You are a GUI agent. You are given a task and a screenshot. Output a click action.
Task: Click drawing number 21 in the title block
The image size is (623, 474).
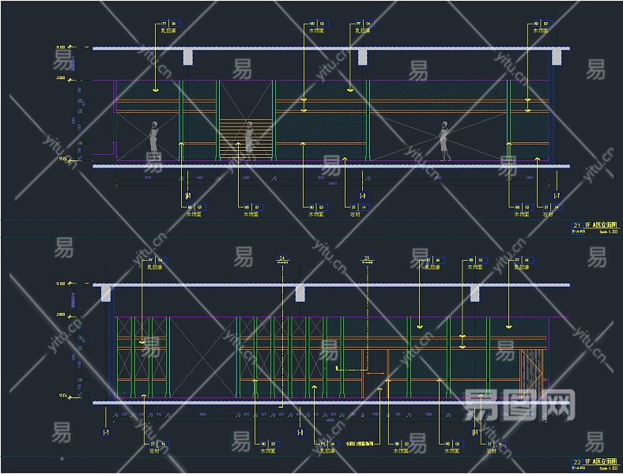576,225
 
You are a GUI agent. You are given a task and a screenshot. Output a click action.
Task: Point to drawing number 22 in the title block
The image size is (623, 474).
576,459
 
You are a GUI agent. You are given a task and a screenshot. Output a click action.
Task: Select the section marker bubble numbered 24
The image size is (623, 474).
282,258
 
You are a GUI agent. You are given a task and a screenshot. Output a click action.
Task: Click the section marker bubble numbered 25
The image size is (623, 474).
367,259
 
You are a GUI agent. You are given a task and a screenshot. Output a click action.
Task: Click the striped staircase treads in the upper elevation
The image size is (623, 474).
238,139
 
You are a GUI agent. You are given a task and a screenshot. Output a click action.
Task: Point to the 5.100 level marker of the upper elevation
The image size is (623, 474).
62,48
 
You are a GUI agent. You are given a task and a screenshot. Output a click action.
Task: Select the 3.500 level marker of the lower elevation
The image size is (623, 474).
62,314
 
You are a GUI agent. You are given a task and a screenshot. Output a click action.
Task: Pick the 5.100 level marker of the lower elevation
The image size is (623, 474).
62,284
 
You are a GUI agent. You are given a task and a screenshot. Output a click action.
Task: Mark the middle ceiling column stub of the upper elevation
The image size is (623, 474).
362,57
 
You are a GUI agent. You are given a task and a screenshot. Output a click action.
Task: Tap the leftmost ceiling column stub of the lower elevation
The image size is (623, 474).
105,293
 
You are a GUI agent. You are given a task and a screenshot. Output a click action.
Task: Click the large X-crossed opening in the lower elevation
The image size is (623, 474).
202,356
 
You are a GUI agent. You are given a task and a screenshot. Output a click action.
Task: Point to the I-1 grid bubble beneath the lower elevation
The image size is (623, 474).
105,433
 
